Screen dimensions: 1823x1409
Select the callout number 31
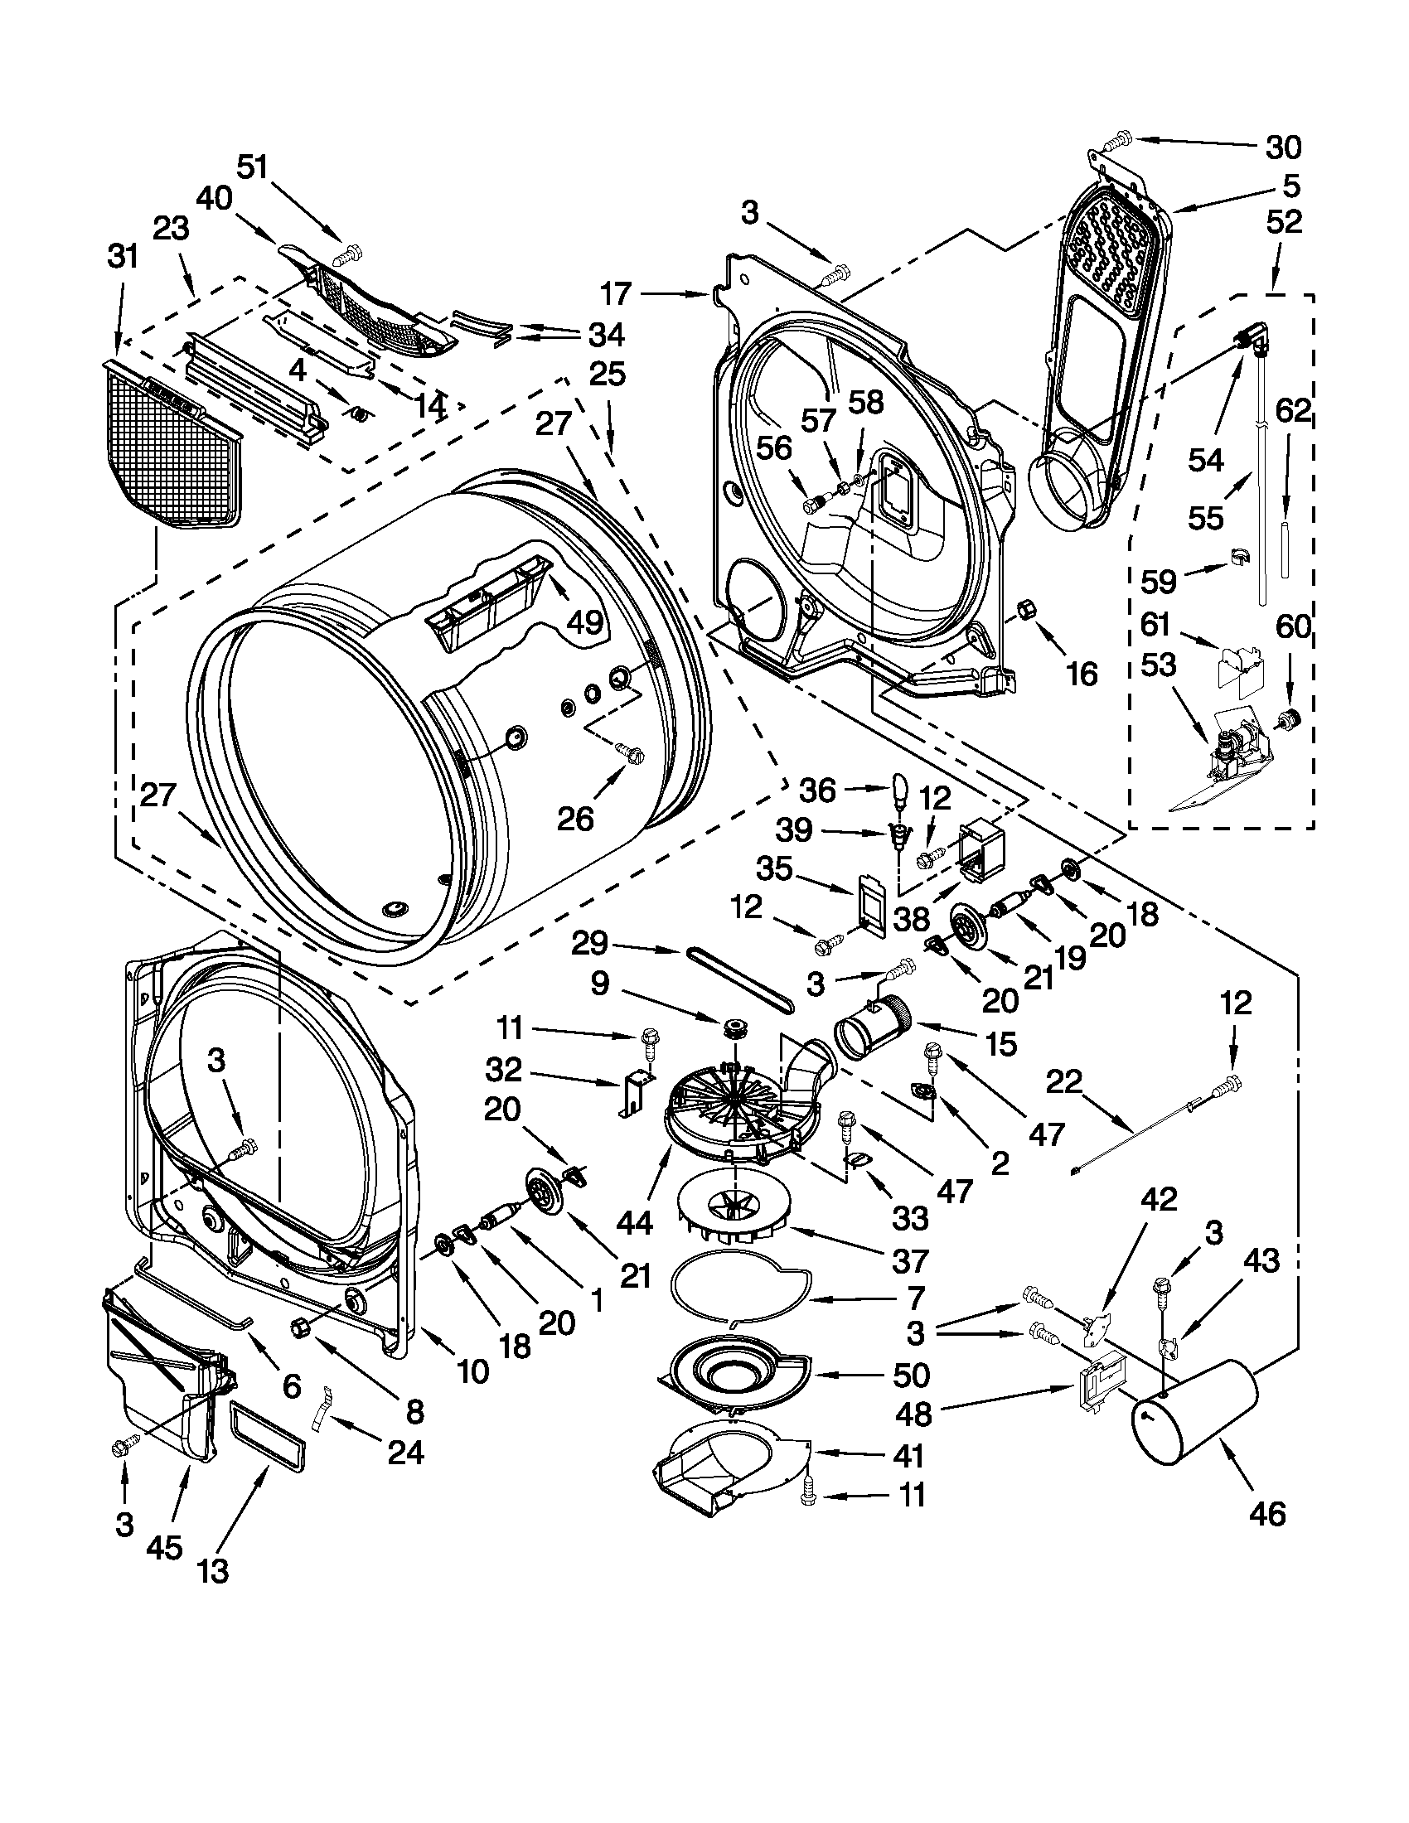tap(123, 257)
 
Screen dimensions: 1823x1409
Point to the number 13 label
tap(214, 1571)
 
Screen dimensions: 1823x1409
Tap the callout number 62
tap(1293, 412)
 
